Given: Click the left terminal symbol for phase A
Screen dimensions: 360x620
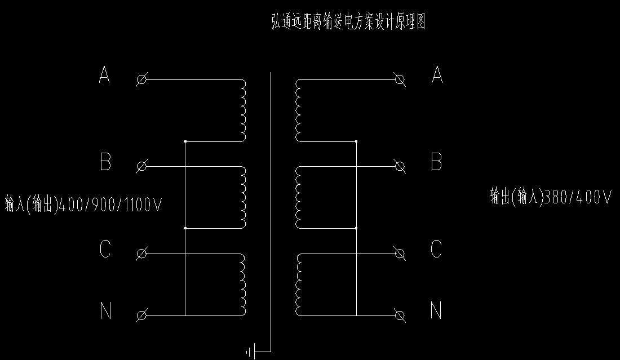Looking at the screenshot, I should (142, 80).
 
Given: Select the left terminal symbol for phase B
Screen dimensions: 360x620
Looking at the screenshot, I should (142, 166).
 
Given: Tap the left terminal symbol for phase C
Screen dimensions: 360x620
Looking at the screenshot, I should (142, 254).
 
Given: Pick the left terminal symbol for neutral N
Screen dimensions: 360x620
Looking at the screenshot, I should (142, 315).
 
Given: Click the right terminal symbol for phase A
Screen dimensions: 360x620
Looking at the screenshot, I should (401, 80).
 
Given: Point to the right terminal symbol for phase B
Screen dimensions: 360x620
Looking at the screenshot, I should (401, 166).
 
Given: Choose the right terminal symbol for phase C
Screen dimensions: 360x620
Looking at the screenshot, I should (401, 254).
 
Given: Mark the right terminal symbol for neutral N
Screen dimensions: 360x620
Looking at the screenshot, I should (401, 315).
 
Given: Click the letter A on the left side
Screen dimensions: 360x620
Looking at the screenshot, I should (104, 75).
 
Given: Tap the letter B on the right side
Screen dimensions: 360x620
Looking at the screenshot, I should (436, 162).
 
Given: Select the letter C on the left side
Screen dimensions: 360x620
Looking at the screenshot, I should (105, 249).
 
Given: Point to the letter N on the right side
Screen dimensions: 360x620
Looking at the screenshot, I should (436, 310).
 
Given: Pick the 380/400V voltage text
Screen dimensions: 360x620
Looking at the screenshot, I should (575, 197).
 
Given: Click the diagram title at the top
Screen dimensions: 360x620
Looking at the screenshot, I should (348, 23).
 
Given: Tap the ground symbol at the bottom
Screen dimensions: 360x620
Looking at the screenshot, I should (250, 353).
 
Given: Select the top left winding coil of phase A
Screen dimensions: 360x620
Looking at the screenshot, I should (243, 110).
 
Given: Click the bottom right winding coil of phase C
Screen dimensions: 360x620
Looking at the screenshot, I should (297, 285).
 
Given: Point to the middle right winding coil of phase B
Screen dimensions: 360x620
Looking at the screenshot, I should (297, 197).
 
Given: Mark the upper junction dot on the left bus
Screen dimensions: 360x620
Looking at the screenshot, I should (185, 141).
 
